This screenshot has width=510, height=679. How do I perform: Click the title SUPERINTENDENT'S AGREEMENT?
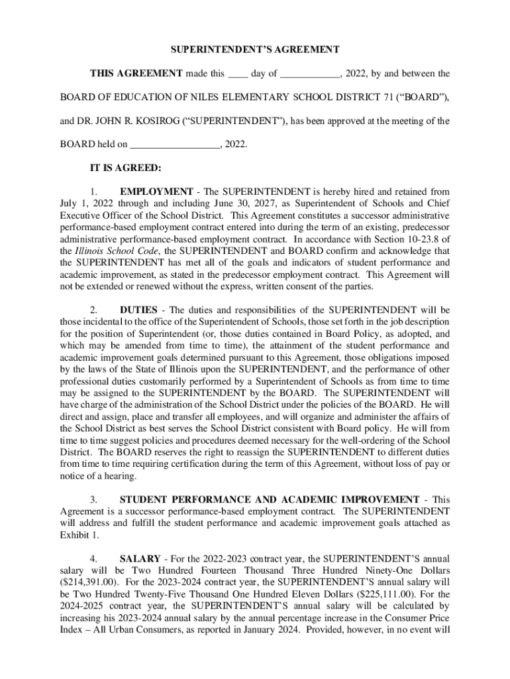(x=255, y=50)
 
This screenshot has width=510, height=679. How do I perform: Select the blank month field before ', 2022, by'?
(x=310, y=74)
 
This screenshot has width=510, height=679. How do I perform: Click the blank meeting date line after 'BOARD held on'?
(x=175, y=144)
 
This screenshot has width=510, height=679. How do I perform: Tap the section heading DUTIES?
(x=138, y=310)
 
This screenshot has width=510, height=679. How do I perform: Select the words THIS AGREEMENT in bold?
(x=136, y=74)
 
